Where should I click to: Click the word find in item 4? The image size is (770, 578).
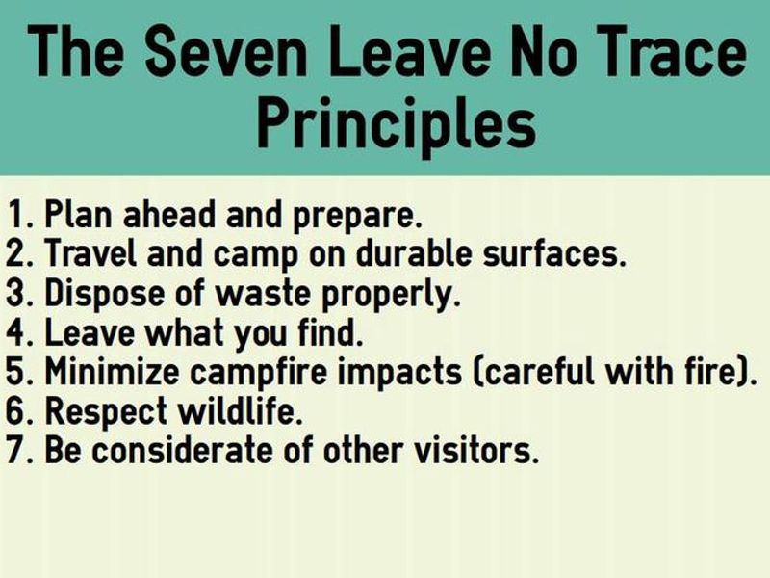333,332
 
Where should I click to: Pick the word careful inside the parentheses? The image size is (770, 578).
534,371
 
